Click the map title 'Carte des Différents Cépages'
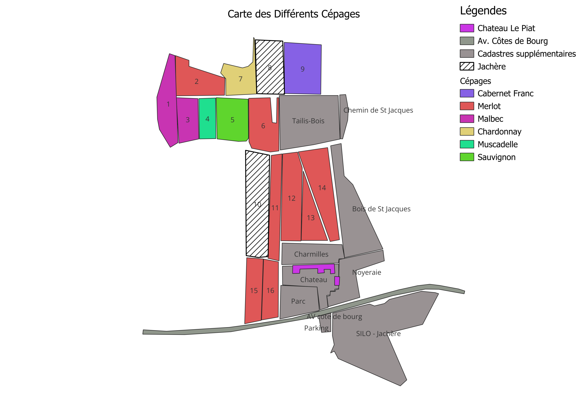(x=294, y=14)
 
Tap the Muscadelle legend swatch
(x=467, y=144)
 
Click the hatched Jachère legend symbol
(x=467, y=66)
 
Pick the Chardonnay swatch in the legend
(x=467, y=131)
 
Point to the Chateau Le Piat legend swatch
(x=467, y=28)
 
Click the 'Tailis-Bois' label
(x=308, y=121)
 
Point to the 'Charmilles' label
(x=311, y=254)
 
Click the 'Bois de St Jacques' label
(x=381, y=209)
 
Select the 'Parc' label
(x=298, y=301)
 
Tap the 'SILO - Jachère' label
(x=378, y=334)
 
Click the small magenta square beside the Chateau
(x=337, y=281)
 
